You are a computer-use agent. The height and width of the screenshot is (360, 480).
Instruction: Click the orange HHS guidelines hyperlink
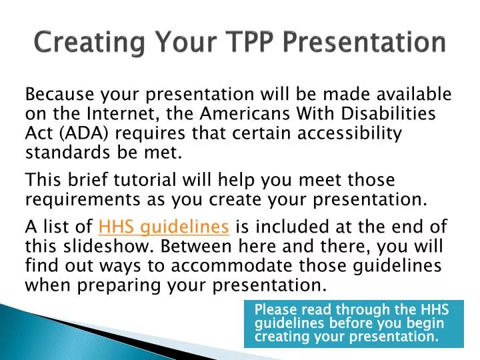tap(164, 228)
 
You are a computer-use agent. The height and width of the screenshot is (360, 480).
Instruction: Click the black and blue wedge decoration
tap(100, 327)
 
